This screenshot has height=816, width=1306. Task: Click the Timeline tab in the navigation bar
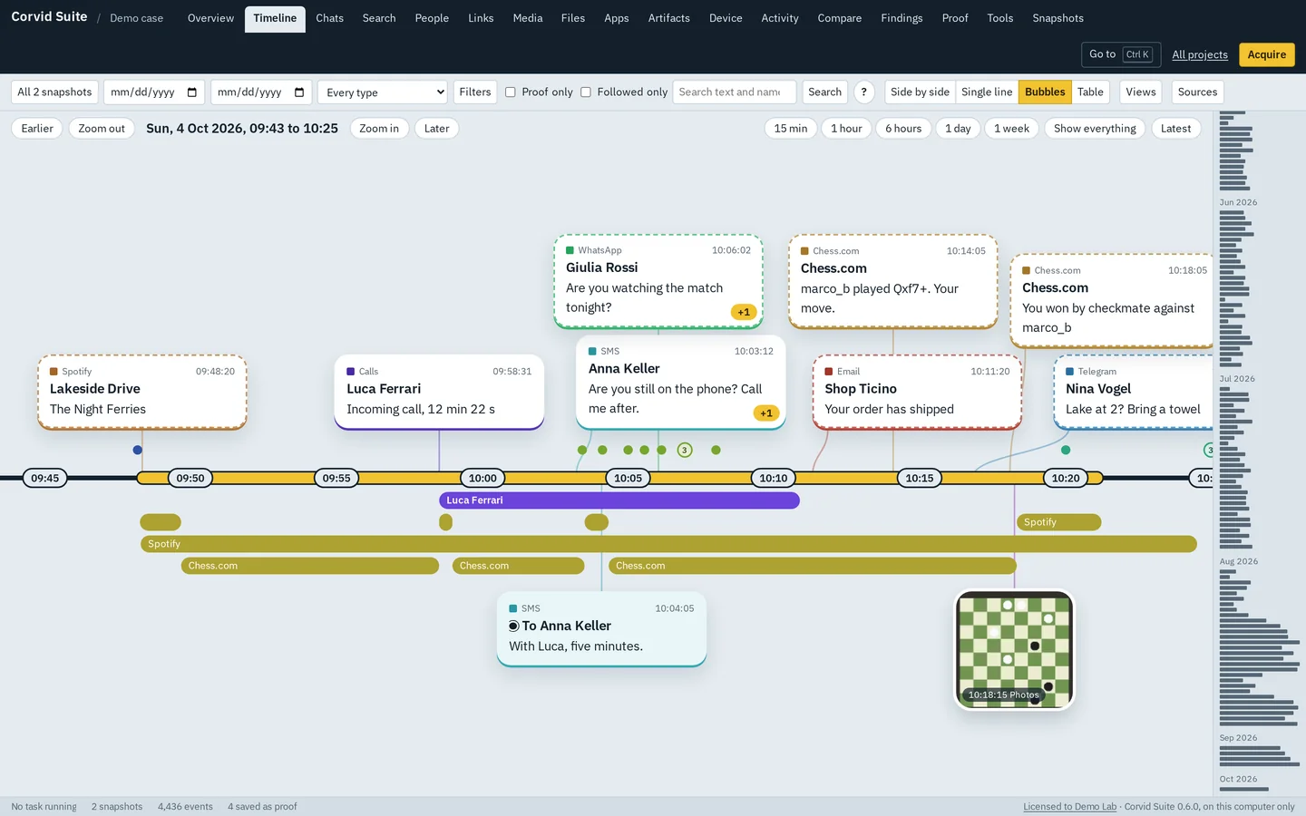pyautogui.click(x=275, y=19)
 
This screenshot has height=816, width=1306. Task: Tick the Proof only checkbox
pyautogui.click(x=510, y=92)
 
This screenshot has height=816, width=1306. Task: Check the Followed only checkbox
pyautogui.click(x=586, y=92)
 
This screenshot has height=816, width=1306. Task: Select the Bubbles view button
pyautogui.click(x=1044, y=92)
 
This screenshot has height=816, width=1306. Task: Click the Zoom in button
pyautogui.click(x=379, y=128)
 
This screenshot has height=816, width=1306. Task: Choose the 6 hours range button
pyautogui.click(x=903, y=128)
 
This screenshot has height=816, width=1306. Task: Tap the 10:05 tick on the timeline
pyautogui.click(x=628, y=478)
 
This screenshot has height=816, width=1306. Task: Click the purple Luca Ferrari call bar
pyautogui.click(x=619, y=500)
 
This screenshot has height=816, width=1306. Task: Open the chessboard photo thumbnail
pyautogui.click(x=1014, y=650)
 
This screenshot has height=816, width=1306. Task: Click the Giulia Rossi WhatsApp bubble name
pyautogui.click(x=601, y=267)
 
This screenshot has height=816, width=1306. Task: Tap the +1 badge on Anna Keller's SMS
pyautogui.click(x=766, y=413)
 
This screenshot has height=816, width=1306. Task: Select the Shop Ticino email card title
pyautogui.click(x=861, y=389)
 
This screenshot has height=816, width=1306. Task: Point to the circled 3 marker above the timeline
pyautogui.click(x=685, y=450)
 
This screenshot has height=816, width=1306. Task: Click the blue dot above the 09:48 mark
pyautogui.click(x=138, y=450)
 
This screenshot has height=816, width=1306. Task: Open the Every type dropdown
pyautogui.click(x=383, y=92)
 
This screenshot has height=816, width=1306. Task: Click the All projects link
pyautogui.click(x=1199, y=54)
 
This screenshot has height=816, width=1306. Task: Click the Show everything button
pyautogui.click(x=1095, y=128)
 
